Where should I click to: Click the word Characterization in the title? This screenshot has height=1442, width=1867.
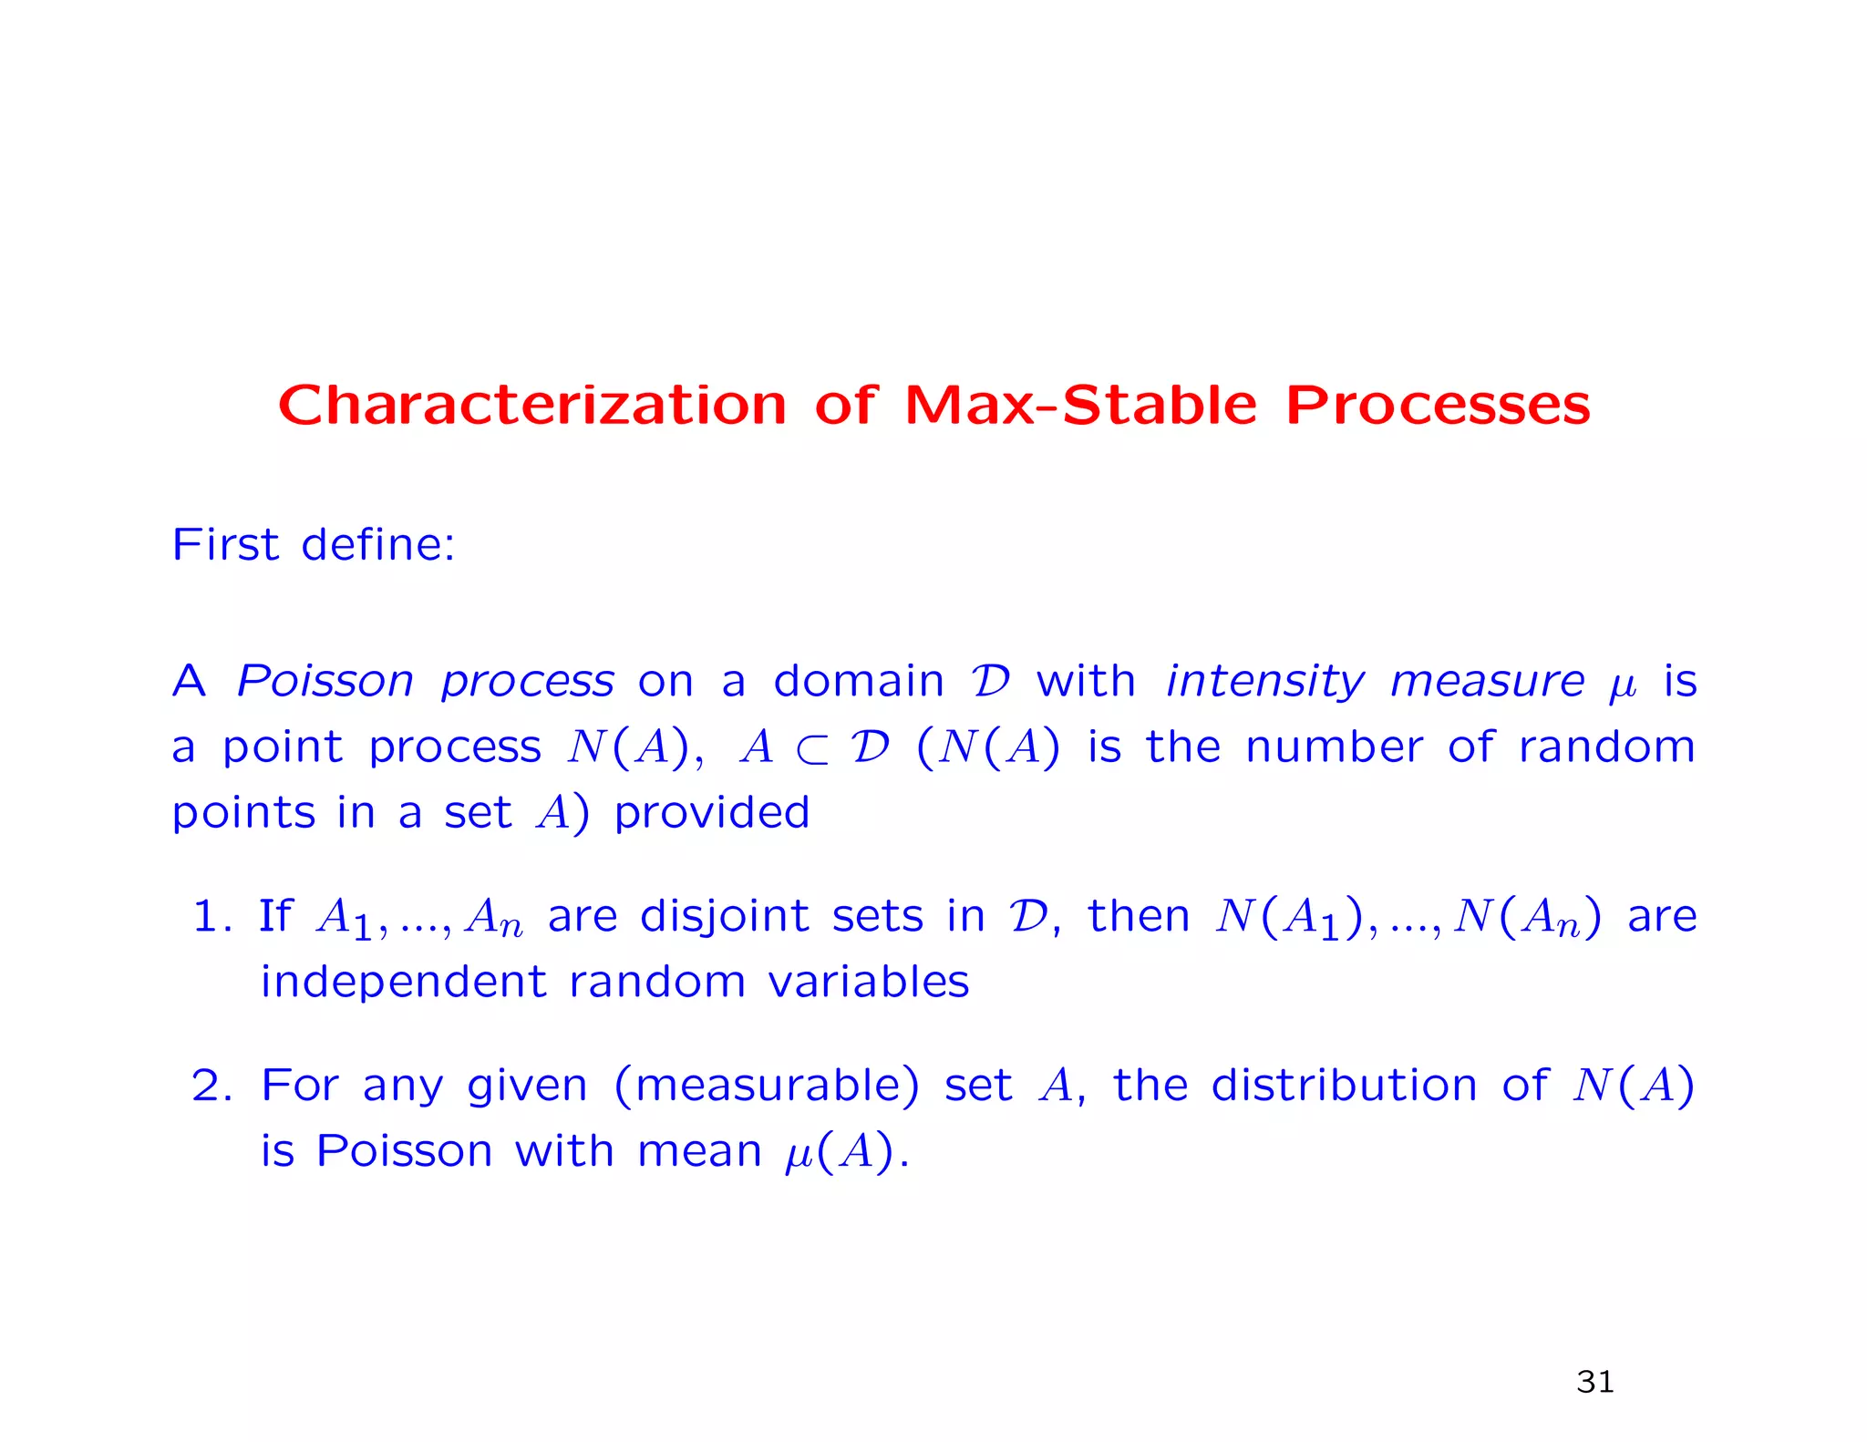pos(531,406)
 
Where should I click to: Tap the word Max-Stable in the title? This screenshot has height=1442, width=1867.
pos(1080,406)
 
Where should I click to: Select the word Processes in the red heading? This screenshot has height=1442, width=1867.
pos(1437,406)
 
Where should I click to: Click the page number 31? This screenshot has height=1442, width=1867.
pos(1594,1382)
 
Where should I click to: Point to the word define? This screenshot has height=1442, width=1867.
pos(377,544)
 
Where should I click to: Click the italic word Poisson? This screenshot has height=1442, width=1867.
pos(325,681)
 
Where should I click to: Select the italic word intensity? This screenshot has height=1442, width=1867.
pos(1265,681)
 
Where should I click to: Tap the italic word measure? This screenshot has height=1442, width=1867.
pos(1488,681)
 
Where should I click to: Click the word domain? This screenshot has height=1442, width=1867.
pos(858,681)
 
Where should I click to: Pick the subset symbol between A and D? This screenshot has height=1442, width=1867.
pos(811,749)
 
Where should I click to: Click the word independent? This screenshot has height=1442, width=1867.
pos(404,982)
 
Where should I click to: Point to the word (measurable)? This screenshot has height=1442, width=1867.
pos(767,1086)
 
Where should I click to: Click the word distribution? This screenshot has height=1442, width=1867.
pos(1344,1086)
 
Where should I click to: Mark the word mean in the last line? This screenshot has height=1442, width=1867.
pos(699,1151)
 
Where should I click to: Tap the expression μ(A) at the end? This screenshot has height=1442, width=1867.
pos(839,1152)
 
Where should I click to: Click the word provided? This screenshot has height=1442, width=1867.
pos(711,812)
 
